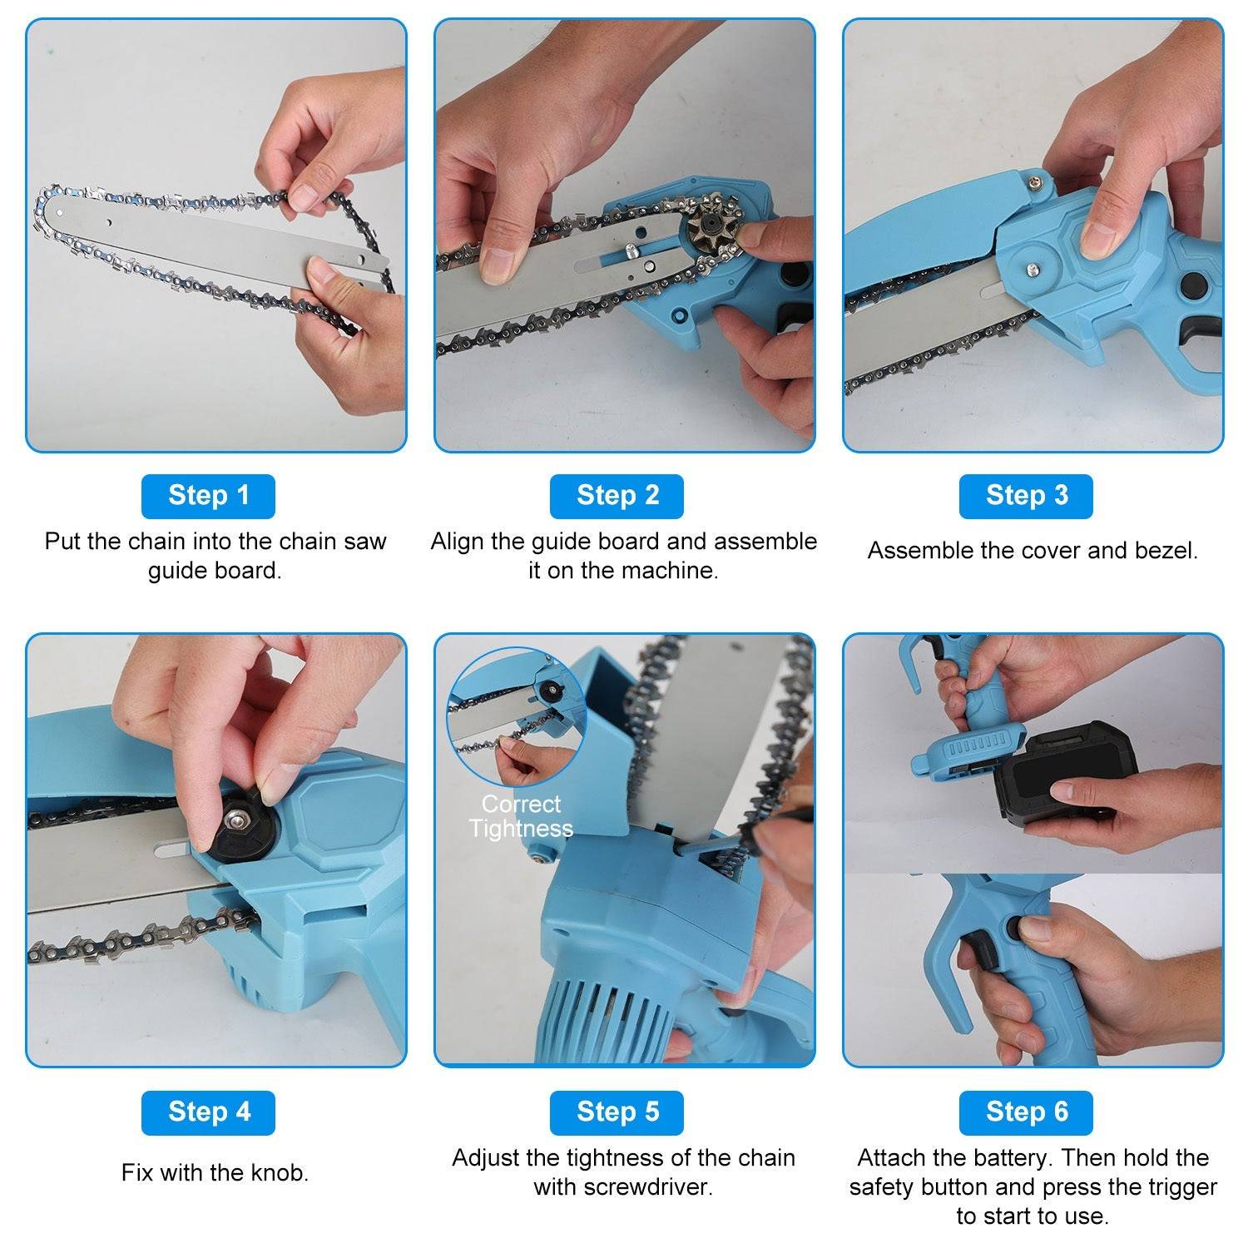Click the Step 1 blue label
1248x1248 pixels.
click(208, 496)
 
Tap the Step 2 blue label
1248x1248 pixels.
click(617, 496)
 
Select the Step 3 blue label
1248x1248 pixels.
click(1026, 496)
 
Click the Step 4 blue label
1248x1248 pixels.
click(208, 1112)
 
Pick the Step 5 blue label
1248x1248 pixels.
click(617, 1112)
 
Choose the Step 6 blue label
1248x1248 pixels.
click(1026, 1112)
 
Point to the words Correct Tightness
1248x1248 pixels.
click(521, 816)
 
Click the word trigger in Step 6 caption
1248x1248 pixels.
click(1178, 1186)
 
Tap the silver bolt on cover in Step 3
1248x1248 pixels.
click(1032, 269)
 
